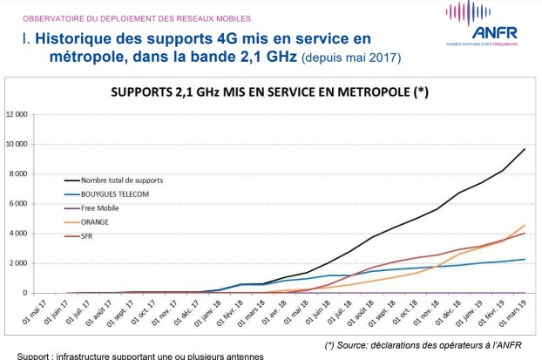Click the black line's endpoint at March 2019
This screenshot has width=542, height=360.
pyautogui.click(x=524, y=149)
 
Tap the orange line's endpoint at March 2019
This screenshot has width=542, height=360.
pyautogui.click(x=524, y=226)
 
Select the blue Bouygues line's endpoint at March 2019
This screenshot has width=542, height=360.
pyautogui.click(x=524, y=259)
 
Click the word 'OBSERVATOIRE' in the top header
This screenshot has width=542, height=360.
pyautogui.click(x=51, y=17)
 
